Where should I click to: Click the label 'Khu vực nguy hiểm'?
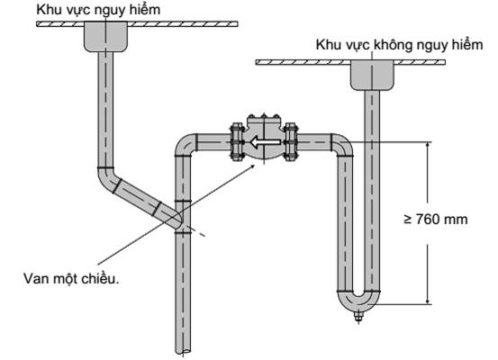pos(98,11)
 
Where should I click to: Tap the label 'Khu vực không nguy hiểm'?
pos(399,45)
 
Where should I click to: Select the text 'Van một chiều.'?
pos(71,279)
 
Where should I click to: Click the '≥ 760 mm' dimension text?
pos(436,220)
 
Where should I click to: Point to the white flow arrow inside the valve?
pos(266,142)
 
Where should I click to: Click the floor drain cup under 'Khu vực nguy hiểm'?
pos(105,37)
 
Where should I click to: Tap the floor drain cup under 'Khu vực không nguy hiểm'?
pos(372,75)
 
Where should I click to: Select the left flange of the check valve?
pos(237,141)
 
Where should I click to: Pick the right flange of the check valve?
pos(290,141)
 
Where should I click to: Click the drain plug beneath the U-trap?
pos(358,316)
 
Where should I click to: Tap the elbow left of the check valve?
pos(185,145)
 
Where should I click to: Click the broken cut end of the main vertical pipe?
pos(184,351)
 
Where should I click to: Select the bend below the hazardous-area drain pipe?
pos(107,179)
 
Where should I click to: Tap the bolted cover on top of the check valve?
pos(263,121)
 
